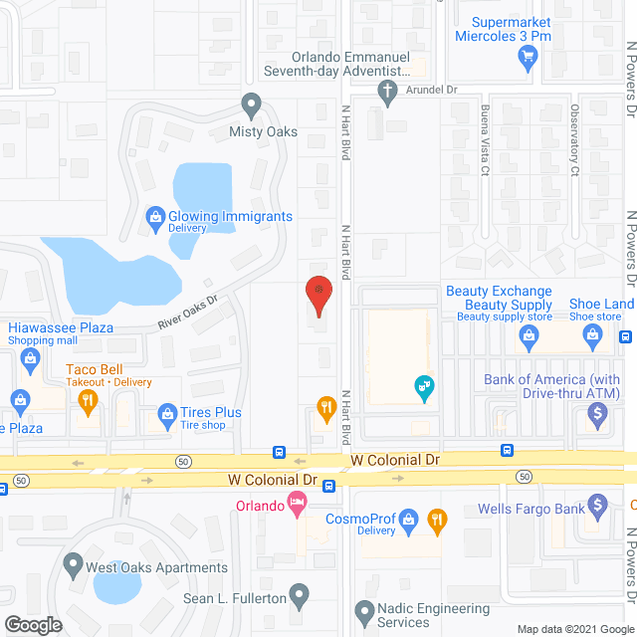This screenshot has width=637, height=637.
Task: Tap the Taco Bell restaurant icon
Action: tap(87, 401)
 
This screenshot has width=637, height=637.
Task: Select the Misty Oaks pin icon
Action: tap(251, 104)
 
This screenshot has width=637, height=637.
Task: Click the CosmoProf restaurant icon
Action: tap(436, 519)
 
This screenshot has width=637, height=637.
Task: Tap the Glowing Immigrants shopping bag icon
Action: tap(155, 216)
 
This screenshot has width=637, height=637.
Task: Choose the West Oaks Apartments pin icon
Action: tap(72, 566)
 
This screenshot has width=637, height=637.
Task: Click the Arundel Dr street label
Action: tap(431, 90)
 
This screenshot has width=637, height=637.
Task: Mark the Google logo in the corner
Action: tap(33, 624)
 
